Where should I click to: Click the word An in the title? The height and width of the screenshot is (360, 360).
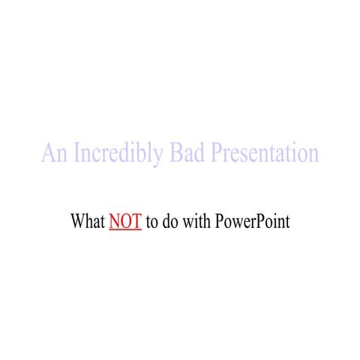point(52,154)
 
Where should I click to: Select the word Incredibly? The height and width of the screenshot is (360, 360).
point(115,154)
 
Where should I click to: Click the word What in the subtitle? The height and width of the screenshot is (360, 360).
point(87,222)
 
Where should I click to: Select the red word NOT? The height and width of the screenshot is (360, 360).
point(125,222)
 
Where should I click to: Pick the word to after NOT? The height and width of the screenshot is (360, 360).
point(151,223)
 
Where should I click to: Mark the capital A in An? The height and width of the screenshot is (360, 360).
point(48,154)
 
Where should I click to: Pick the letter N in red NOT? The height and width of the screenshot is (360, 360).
point(115,222)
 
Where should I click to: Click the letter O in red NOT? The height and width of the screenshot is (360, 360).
point(125,222)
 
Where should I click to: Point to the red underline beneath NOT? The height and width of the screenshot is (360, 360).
point(125,230)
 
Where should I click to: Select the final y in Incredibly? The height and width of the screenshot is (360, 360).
point(160,157)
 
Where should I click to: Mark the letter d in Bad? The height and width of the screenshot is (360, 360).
point(200,154)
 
